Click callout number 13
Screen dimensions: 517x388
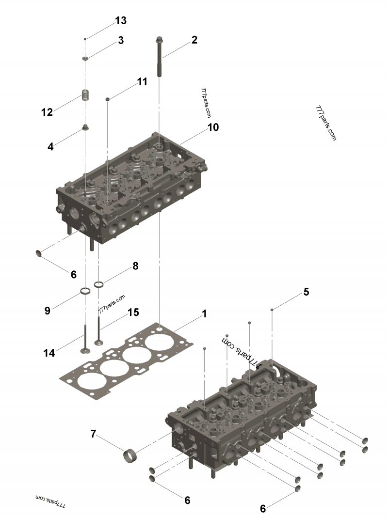120,20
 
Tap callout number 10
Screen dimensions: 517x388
213,127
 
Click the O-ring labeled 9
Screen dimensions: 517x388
85,291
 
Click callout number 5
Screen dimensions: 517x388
306,292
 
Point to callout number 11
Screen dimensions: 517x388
142,82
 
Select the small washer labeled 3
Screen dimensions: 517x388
85,59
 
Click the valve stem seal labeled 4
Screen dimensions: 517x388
86,128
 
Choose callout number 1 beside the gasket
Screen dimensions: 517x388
204,314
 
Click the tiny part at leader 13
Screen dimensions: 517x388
85,39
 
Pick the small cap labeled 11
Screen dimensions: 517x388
108,99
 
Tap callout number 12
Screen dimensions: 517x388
47,112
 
